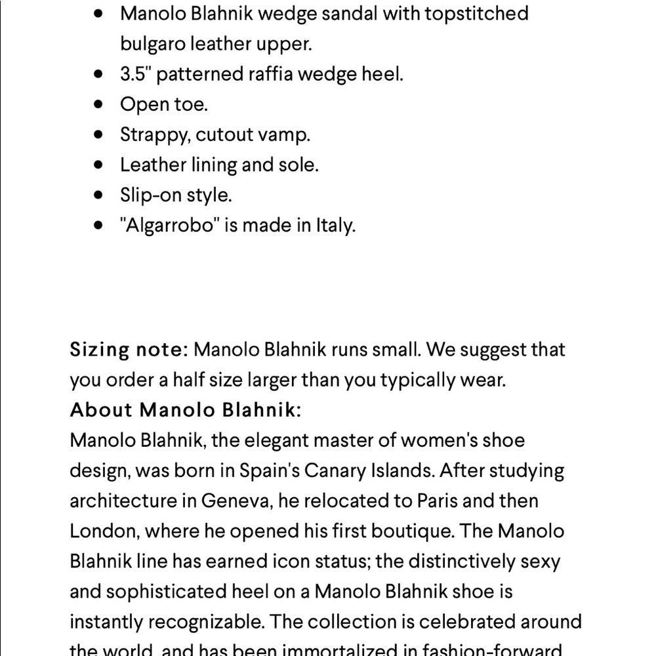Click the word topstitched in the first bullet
[476, 14]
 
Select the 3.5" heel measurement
[135, 74]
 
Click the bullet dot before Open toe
[99, 104]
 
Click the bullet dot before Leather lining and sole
[99, 165]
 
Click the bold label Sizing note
[129, 350]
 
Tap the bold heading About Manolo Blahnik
[186, 410]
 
